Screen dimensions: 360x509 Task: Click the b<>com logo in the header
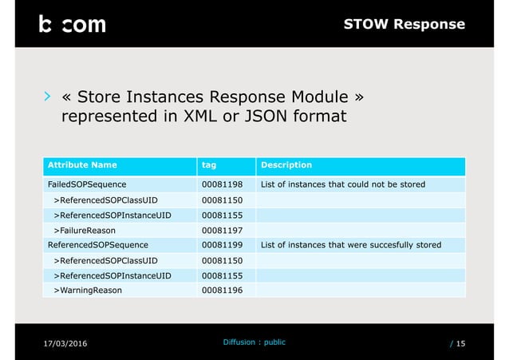coord(72,24)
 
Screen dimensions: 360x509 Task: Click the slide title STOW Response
coord(404,24)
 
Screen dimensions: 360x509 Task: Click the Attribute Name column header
coord(82,165)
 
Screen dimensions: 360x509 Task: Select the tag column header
coord(210,165)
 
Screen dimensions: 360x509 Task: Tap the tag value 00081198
coord(223,185)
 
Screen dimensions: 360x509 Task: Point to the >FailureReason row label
coord(88,230)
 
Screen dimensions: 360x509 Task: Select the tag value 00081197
coord(223,230)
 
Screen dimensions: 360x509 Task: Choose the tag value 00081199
coord(223,245)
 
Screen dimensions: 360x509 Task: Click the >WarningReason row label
coord(88,290)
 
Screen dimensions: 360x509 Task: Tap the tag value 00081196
coord(223,290)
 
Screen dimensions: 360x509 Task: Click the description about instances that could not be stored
coord(343,185)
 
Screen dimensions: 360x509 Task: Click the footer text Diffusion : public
coord(254,342)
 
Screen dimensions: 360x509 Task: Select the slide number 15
coord(461,344)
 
